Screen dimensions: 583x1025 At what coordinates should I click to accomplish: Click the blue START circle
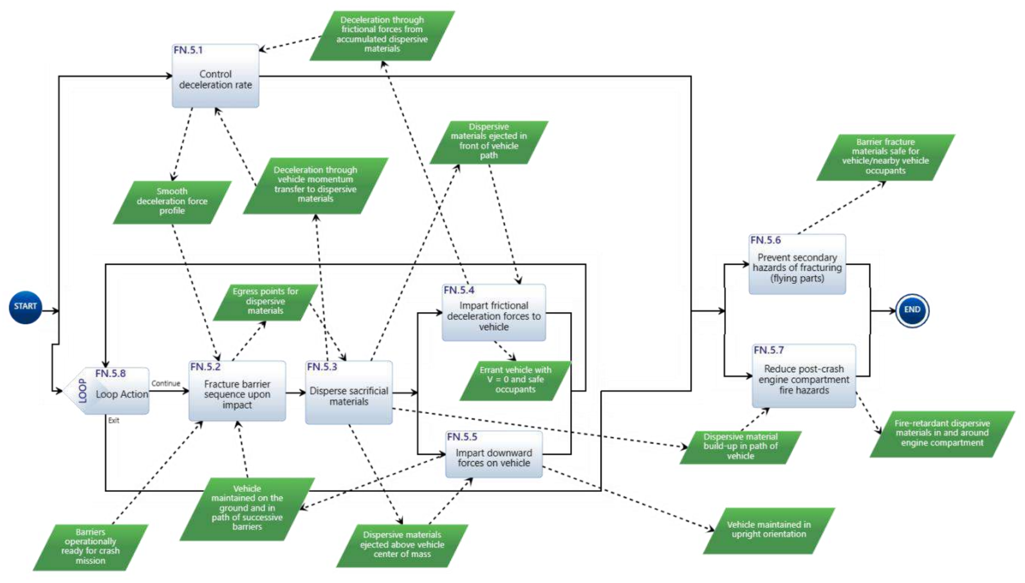tap(25, 307)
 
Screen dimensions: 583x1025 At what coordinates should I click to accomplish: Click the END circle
tap(911, 310)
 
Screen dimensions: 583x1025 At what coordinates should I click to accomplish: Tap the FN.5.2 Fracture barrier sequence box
tap(237, 392)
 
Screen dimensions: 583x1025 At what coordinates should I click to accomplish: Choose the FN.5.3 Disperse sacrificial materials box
tap(349, 394)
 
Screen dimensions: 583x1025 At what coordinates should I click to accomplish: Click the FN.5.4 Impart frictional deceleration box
tap(494, 314)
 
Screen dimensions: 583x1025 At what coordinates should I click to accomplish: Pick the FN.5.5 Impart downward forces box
tap(494, 455)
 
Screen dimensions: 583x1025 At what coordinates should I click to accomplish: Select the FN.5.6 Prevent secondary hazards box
tap(797, 265)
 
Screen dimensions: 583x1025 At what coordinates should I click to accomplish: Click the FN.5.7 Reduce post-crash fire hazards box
tap(803, 377)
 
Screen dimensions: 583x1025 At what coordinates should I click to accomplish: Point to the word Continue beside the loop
tap(166, 383)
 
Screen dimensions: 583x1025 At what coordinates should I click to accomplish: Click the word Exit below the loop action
tap(114, 421)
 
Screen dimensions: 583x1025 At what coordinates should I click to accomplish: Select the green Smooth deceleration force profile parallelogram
tap(172, 201)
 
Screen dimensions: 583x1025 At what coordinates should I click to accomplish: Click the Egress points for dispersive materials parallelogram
tap(265, 301)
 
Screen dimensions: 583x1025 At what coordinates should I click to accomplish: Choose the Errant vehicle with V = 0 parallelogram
tap(515, 380)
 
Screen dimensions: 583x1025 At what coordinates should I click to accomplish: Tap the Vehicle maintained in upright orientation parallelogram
tap(769, 530)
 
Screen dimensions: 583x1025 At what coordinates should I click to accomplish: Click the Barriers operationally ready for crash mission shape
tap(90, 546)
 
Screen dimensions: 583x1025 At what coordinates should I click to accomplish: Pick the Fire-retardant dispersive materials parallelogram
tap(942, 433)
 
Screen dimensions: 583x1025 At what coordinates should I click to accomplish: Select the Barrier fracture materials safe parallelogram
tap(885, 157)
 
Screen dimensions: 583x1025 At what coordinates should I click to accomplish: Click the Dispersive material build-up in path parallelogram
tap(740, 447)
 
